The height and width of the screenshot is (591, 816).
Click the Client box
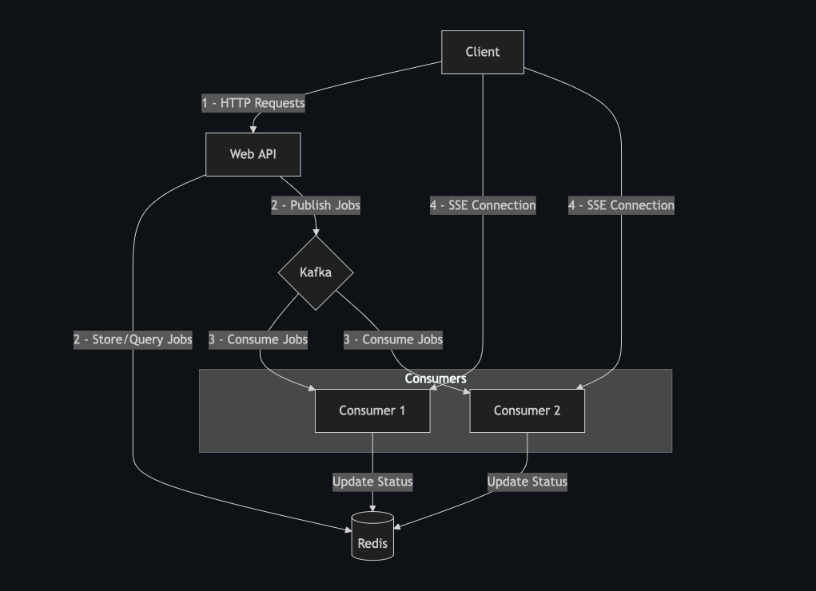[x=483, y=52]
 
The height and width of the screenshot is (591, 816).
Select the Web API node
[x=253, y=154]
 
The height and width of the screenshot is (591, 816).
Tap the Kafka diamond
[x=316, y=272]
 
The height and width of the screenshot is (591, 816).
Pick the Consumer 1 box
[x=372, y=411]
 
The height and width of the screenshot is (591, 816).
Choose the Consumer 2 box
[x=527, y=411]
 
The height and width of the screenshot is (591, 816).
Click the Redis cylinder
[x=372, y=537]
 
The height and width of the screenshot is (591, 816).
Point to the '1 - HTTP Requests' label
[x=253, y=103]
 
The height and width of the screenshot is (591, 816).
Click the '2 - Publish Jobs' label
[x=316, y=205]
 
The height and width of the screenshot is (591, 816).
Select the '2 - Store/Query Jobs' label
[x=133, y=339]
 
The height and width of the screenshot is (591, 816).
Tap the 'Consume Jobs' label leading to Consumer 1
[x=258, y=339]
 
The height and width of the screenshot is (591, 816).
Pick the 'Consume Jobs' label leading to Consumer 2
[x=393, y=339]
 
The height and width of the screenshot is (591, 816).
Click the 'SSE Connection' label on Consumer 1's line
[x=483, y=205]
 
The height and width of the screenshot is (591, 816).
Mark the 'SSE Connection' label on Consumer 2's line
[x=621, y=205]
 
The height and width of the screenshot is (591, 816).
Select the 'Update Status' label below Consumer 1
[x=372, y=482]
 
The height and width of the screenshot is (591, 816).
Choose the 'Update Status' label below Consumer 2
[x=527, y=482]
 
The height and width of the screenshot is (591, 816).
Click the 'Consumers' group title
[x=436, y=379]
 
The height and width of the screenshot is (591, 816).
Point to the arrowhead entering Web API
[x=254, y=129]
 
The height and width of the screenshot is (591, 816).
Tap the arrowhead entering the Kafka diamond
[x=316, y=232]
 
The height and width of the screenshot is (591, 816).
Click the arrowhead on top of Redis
[x=372, y=508]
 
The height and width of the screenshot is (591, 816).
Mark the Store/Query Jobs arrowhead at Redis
[x=348, y=528]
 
